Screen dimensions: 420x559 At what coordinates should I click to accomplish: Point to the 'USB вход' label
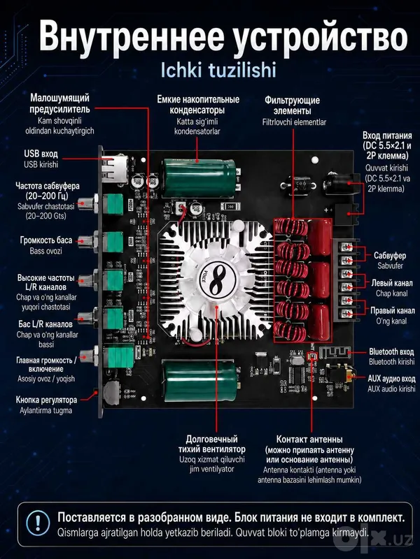(x=41, y=154)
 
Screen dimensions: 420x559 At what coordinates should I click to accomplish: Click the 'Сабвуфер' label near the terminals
(x=390, y=255)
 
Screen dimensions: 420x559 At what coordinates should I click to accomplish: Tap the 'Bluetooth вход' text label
(x=391, y=352)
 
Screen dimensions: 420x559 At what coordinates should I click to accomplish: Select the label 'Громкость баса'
(x=46, y=240)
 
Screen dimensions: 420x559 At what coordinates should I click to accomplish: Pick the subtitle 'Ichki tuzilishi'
(x=218, y=70)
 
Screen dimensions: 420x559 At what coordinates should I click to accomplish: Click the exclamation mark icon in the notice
(x=38, y=523)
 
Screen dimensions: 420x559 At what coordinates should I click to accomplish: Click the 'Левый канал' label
(x=392, y=283)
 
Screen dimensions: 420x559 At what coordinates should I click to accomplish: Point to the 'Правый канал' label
(x=393, y=310)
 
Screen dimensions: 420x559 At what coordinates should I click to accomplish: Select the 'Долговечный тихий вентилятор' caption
(x=212, y=444)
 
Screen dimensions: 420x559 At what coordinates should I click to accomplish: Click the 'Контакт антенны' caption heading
(x=309, y=439)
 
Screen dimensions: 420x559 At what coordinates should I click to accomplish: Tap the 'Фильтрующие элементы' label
(x=292, y=106)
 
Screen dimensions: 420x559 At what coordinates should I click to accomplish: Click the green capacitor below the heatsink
(x=200, y=381)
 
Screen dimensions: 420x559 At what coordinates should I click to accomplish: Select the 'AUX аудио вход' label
(x=391, y=379)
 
